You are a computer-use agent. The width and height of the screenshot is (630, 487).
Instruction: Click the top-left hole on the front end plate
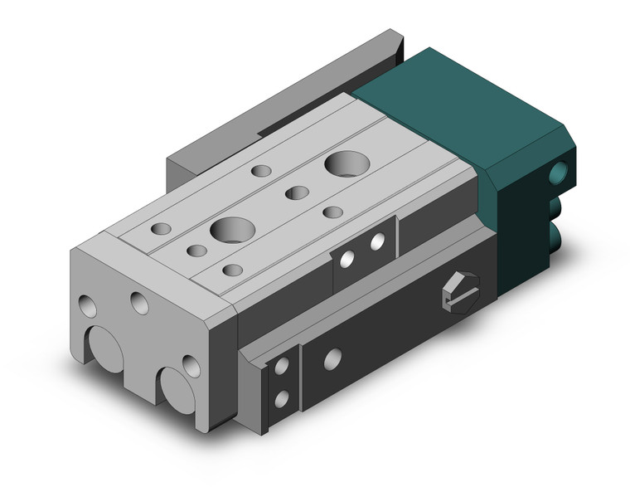pos(88,307)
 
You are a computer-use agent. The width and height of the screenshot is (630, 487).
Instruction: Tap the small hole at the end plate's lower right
pos(191,366)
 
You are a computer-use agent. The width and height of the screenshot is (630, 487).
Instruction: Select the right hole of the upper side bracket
pos(377,242)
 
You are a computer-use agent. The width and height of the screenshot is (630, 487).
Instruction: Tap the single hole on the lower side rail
pos(332,359)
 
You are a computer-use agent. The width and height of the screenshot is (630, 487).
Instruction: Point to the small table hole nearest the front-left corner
pos(162,228)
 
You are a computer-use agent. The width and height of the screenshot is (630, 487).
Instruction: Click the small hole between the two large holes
pos(297,193)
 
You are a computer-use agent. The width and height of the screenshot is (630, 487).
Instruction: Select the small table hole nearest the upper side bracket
pos(333,212)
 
